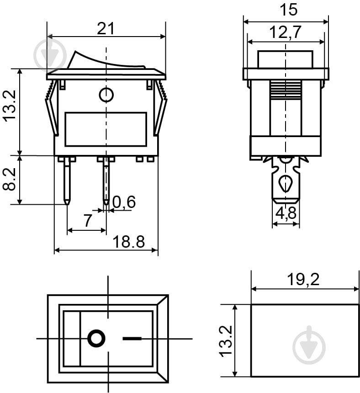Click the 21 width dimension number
[x=106, y=28]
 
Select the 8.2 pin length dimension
[x=10, y=180]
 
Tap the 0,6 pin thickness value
[x=124, y=202]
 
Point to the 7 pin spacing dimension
[x=87, y=221]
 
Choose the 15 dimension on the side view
[x=286, y=10]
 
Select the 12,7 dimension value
[x=286, y=32]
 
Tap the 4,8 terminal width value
[x=286, y=213]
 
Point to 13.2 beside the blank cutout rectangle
[x=226, y=341]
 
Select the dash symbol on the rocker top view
[x=132, y=339]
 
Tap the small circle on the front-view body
[x=106, y=95]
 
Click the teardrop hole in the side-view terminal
[x=286, y=183]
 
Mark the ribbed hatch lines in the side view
[x=286, y=90]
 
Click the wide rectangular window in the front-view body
[x=106, y=129]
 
